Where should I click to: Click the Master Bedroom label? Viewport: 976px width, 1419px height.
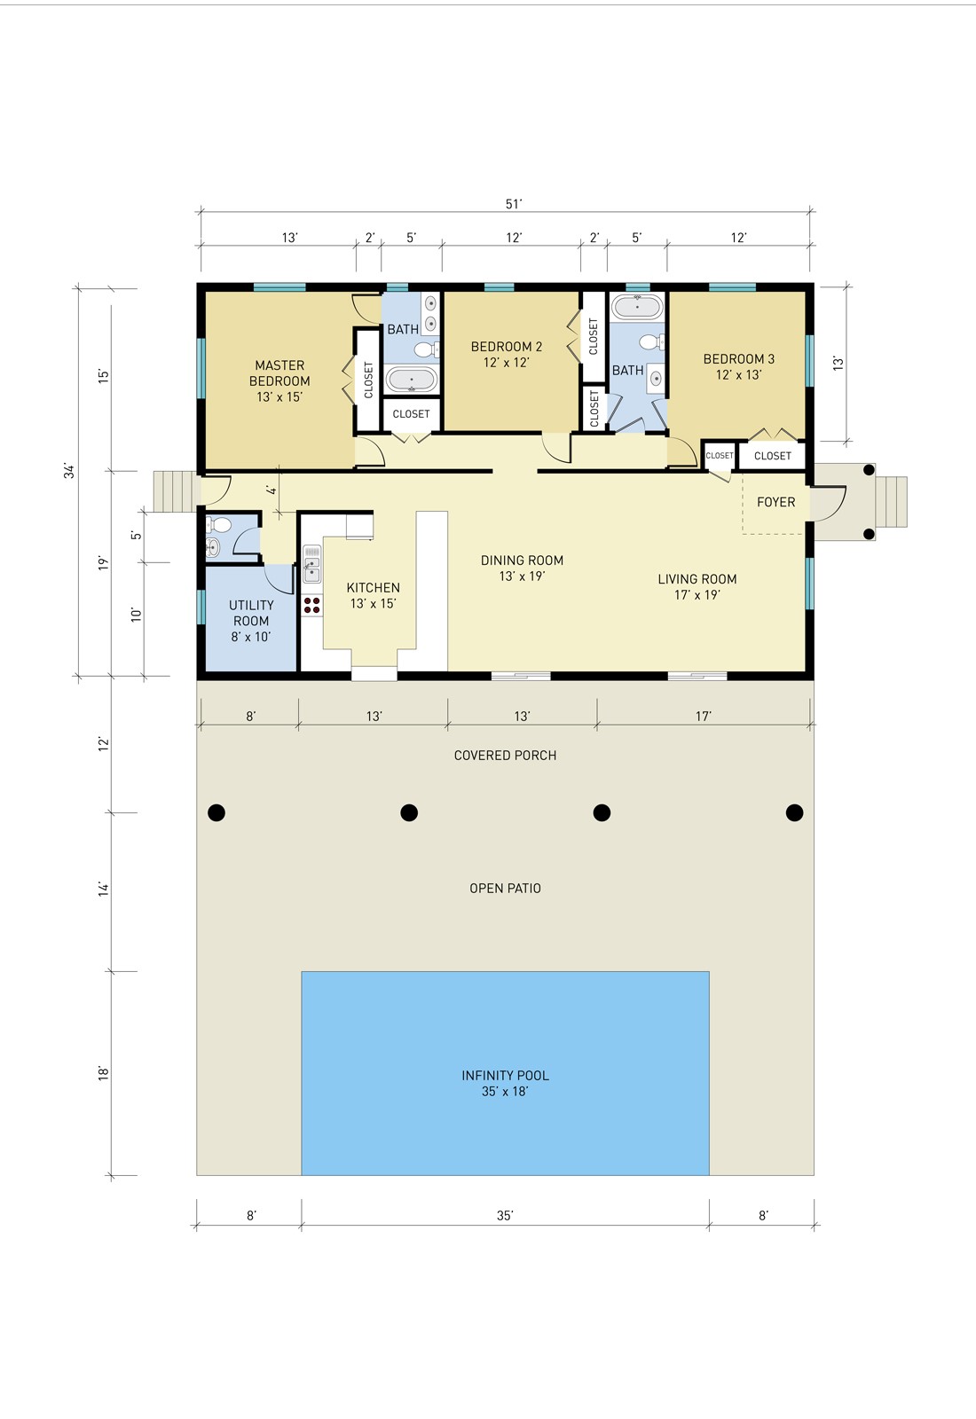[279, 380]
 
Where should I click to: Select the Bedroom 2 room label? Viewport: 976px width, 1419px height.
[506, 354]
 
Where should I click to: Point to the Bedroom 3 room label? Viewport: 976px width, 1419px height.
[738, 366]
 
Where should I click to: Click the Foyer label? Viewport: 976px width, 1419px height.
[775, 502]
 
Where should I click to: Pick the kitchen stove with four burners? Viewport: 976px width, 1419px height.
[311, 605]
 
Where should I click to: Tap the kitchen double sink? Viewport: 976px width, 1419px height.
[311, 564]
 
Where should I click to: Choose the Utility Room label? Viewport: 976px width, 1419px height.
[251, 621]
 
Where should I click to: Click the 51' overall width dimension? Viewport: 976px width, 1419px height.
[514, 204]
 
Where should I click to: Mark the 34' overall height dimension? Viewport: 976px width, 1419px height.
[69, 471]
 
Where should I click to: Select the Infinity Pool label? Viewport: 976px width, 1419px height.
[505, 1083]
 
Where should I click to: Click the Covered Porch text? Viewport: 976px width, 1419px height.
[505, 755]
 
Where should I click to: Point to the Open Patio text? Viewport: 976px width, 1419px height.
[505, 888]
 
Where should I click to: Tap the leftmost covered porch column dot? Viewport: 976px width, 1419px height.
[216, 812]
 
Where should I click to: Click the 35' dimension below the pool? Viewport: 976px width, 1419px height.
[505, 1215]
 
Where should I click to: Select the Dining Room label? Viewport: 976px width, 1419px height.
[522, 568]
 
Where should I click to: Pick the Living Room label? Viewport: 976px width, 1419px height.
[697, 586]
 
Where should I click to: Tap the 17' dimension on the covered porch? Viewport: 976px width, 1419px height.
[704, 716]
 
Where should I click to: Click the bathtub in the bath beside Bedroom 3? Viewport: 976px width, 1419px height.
[637, 307]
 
